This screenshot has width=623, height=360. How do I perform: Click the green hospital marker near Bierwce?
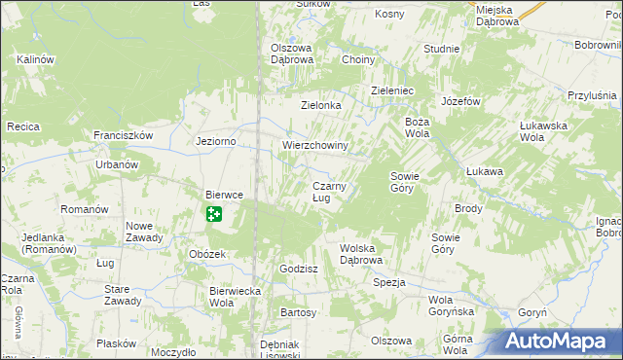(213, 213)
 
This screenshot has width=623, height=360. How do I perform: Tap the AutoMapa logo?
(562, 342)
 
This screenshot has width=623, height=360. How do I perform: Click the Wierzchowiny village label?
(315, 146)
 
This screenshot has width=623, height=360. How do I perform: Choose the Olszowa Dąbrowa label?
(291, 54)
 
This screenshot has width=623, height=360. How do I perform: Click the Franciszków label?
(124, 135)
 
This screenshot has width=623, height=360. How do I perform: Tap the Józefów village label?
(461, 101)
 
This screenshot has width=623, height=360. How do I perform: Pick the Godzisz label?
(298, 269)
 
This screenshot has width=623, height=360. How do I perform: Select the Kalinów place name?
(33, 59)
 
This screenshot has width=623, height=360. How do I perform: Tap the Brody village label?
(468, 209)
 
